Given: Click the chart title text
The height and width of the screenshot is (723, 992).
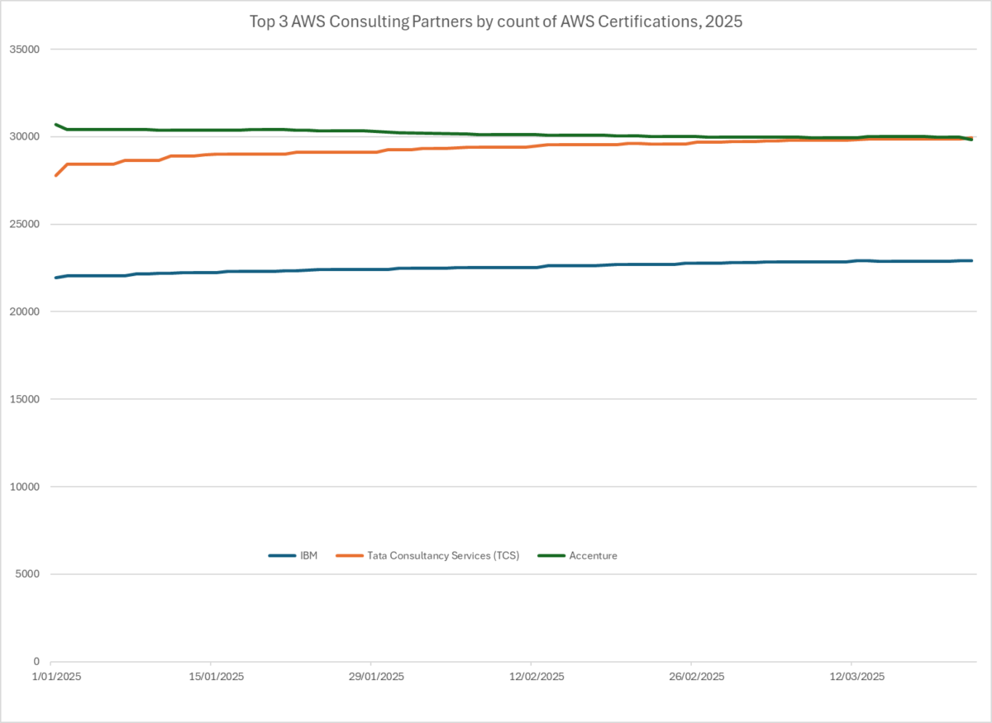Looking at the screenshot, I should click(x=496, y=22).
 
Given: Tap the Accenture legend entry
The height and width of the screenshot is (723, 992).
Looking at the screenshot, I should click(x=593, y=556).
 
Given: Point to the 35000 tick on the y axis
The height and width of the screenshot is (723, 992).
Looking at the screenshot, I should click(x=24, y=50).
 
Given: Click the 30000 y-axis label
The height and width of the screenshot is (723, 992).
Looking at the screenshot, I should click(x=24, y=137).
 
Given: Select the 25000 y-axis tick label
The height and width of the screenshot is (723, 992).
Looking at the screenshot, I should click(x=24, y=225).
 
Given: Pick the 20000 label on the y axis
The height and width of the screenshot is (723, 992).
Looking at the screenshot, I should click(x=24, y=312).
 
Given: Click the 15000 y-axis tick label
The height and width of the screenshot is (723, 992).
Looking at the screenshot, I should click(x=24, y=399).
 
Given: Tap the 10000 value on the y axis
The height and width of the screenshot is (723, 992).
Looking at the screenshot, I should click(x=24, y=487).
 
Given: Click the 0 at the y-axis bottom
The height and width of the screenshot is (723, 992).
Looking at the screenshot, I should click(x=36, y=662).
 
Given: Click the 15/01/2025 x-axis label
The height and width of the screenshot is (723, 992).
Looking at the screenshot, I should click(x=211, y=677).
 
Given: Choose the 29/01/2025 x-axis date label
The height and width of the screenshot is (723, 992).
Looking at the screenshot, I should click(x=371, y=677).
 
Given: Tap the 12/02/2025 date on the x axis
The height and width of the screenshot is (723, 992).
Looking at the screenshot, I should click(x=531, y=677).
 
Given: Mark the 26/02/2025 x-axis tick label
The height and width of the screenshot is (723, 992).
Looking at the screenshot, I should click(x=691, y=677).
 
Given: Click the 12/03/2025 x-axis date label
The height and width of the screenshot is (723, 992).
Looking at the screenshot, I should click(x=851, y=677).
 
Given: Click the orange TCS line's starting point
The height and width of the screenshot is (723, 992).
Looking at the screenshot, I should click(x=55, y=175).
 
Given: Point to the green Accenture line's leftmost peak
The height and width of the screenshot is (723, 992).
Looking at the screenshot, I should click(x=55, y=125).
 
